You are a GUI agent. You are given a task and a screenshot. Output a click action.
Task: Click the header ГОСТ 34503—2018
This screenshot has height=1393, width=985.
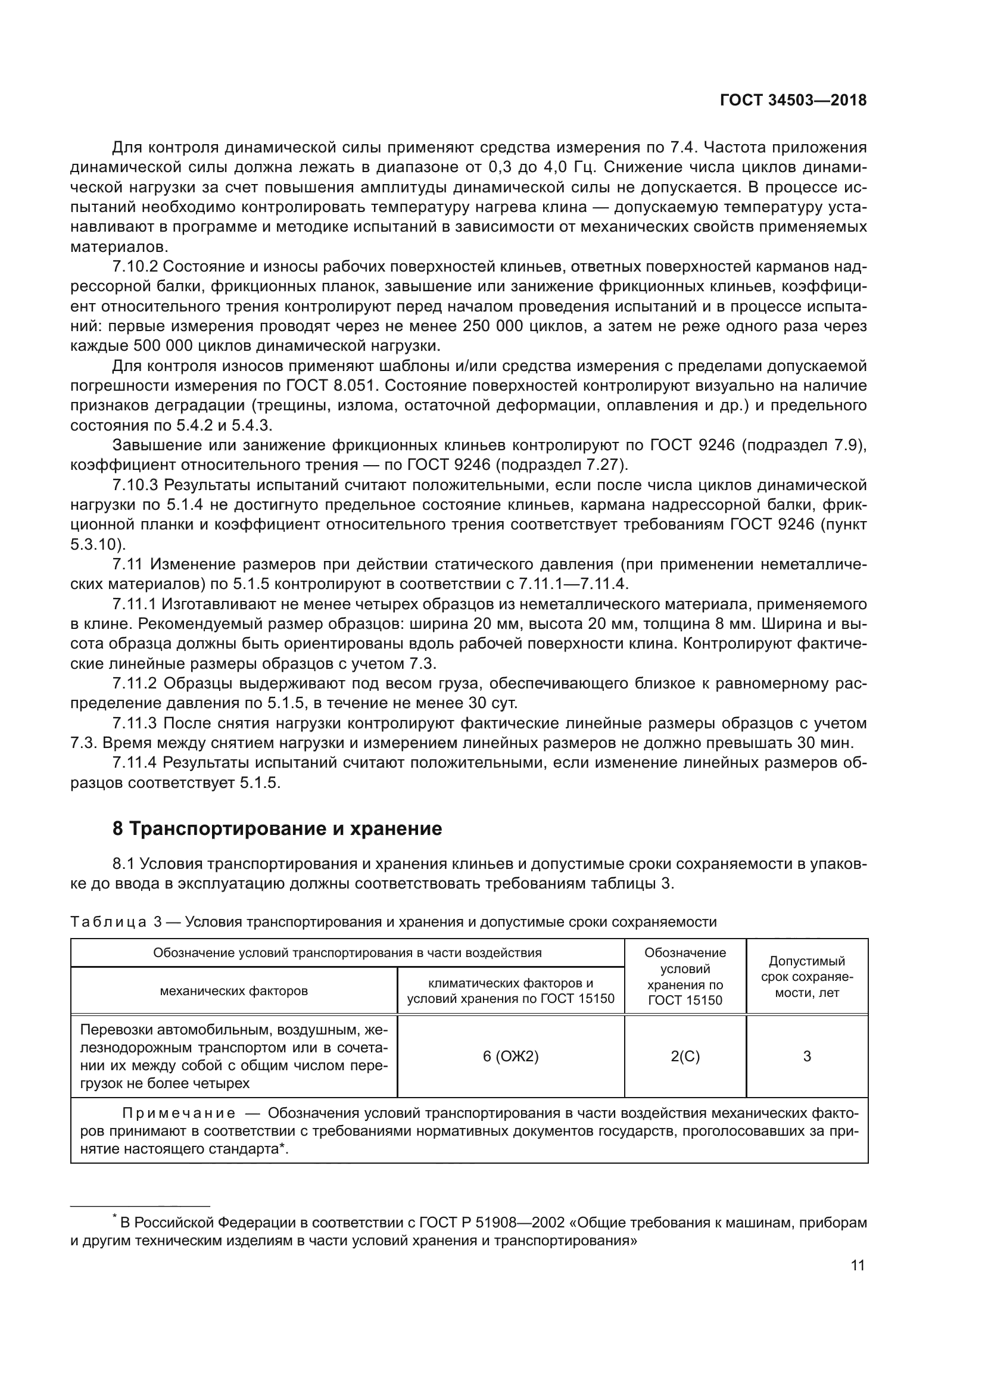click(x=793, y=101)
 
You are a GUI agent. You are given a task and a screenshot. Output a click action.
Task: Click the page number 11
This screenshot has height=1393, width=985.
click(x=858, y=1265)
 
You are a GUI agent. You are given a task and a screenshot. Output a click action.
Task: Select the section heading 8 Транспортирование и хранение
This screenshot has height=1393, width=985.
click(x=277, y=829)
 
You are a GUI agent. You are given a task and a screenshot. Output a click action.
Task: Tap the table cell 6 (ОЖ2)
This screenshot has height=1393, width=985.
click(x=511, y=1057)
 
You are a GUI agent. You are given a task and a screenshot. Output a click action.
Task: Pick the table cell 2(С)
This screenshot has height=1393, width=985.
click(x=685, y=1057)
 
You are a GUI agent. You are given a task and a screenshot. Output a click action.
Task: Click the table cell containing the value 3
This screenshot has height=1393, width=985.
click(x=807, y=1057)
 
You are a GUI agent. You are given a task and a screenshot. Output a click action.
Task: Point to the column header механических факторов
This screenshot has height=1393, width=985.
click(x=233, y=992)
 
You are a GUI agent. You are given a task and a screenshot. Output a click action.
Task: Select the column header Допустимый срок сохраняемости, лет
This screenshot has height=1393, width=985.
click(x=807, y=977)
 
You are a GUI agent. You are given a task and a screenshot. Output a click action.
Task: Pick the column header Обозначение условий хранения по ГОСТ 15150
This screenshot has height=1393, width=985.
click(x=685, y=976)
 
